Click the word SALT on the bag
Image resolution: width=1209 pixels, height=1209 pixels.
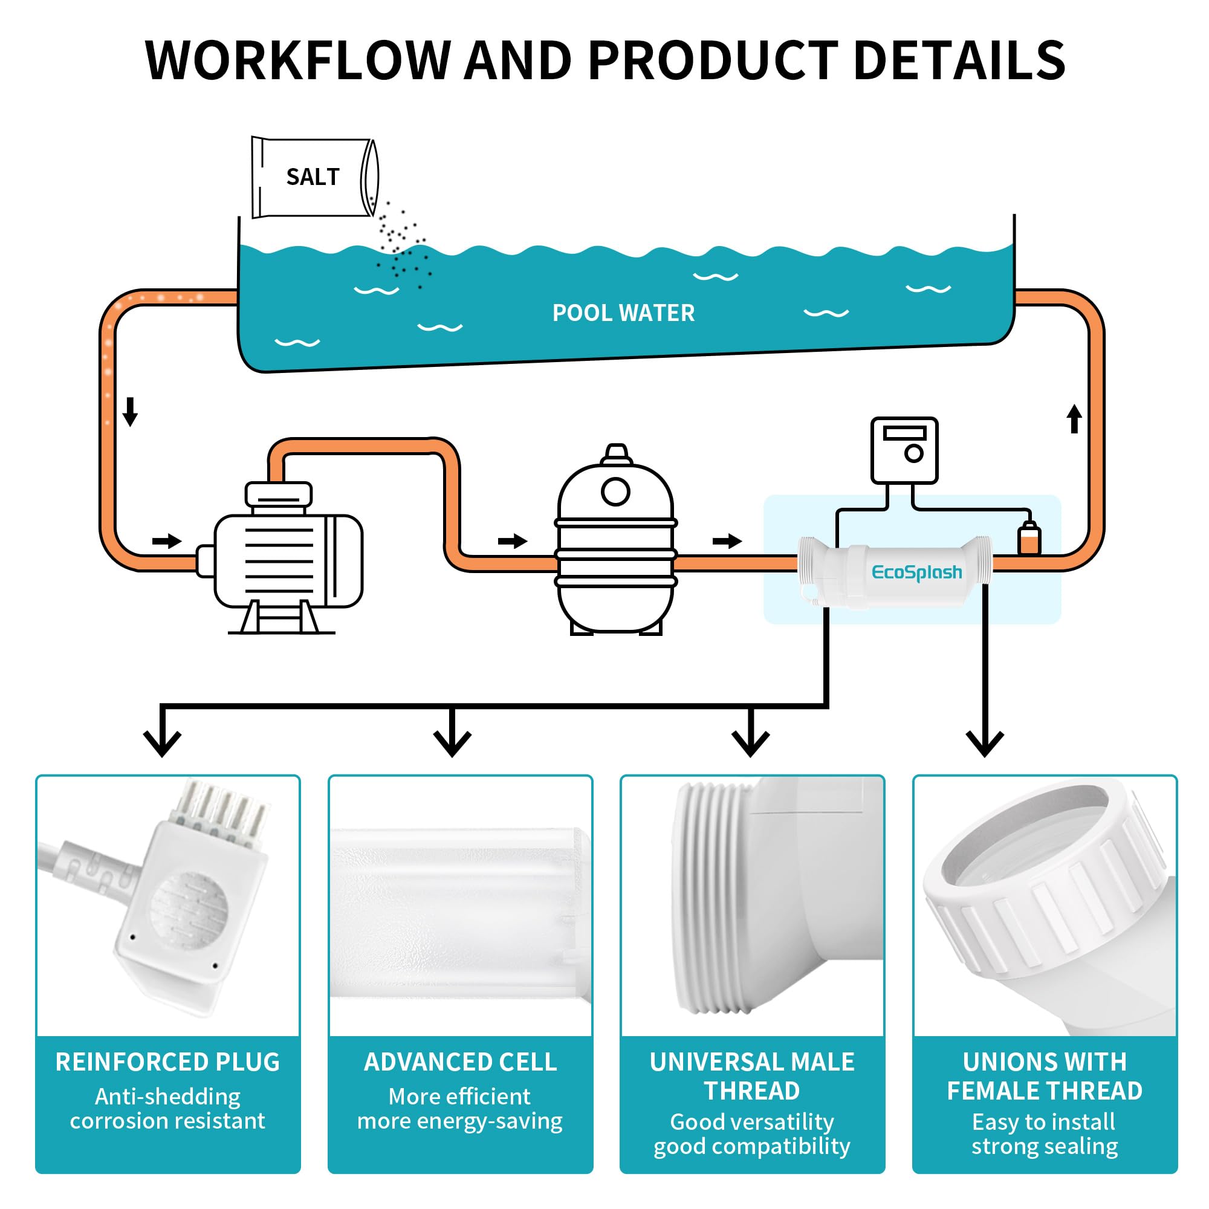pos(313,177)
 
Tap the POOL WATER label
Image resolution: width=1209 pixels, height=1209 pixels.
pos(623,313)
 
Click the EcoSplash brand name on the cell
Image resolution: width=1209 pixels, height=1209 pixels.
pos(917,572)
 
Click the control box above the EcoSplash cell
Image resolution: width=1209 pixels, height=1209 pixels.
pos(904,450)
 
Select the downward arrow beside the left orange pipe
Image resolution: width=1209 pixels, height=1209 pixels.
pos(130,411)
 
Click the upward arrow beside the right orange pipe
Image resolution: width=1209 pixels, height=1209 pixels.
pos(1074,419)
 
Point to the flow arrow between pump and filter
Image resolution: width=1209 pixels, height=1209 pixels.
pos(513,540)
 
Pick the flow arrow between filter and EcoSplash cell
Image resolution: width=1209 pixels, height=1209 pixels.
pos(727,540)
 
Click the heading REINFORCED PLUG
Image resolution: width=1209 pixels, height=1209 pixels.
pos(167,1062)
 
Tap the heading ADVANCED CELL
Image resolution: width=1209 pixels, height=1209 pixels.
pos(461,1062)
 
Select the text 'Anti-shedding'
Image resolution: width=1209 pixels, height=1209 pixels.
pos(167,1097)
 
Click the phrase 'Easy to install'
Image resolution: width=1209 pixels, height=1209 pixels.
pos(1044,1122)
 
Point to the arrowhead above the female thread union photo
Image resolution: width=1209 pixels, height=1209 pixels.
pos(985,744)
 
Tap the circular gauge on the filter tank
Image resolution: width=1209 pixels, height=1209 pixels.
pos(616,492)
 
